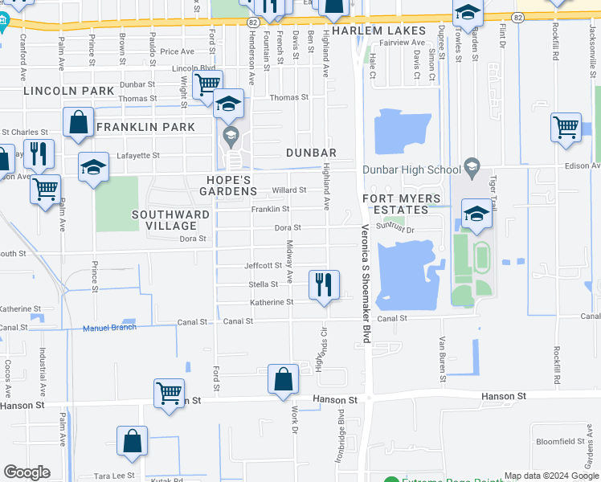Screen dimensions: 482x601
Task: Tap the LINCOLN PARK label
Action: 69,91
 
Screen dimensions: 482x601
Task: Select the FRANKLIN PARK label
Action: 145,127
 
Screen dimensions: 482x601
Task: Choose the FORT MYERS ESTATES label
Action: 402,204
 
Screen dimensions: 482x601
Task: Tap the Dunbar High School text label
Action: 412,170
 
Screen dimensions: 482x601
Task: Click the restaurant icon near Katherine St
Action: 323,284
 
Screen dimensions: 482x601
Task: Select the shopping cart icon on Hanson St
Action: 169,393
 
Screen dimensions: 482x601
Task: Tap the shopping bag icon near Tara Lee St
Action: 132,441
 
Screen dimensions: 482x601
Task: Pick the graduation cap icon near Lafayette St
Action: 93,167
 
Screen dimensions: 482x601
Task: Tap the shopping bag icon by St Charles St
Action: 79,124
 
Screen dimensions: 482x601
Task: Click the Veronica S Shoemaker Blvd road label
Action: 364,284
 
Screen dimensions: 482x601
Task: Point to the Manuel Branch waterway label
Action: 109,328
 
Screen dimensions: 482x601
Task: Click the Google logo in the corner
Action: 27,472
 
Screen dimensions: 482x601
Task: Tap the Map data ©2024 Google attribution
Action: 551,476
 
